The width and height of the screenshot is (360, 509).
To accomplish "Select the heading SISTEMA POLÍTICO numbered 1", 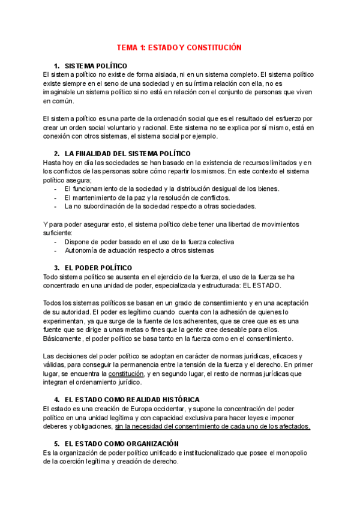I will click(96, 65).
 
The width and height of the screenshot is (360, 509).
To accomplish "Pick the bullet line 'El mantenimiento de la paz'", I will click(146, 197).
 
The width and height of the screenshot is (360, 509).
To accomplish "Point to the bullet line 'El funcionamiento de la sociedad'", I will click(172, 188).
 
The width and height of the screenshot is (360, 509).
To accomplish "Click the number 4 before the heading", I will click(56, 399).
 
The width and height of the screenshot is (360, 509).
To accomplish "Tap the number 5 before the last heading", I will click(56, 444).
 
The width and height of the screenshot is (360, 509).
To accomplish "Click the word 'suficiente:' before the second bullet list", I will click(58, 233).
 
